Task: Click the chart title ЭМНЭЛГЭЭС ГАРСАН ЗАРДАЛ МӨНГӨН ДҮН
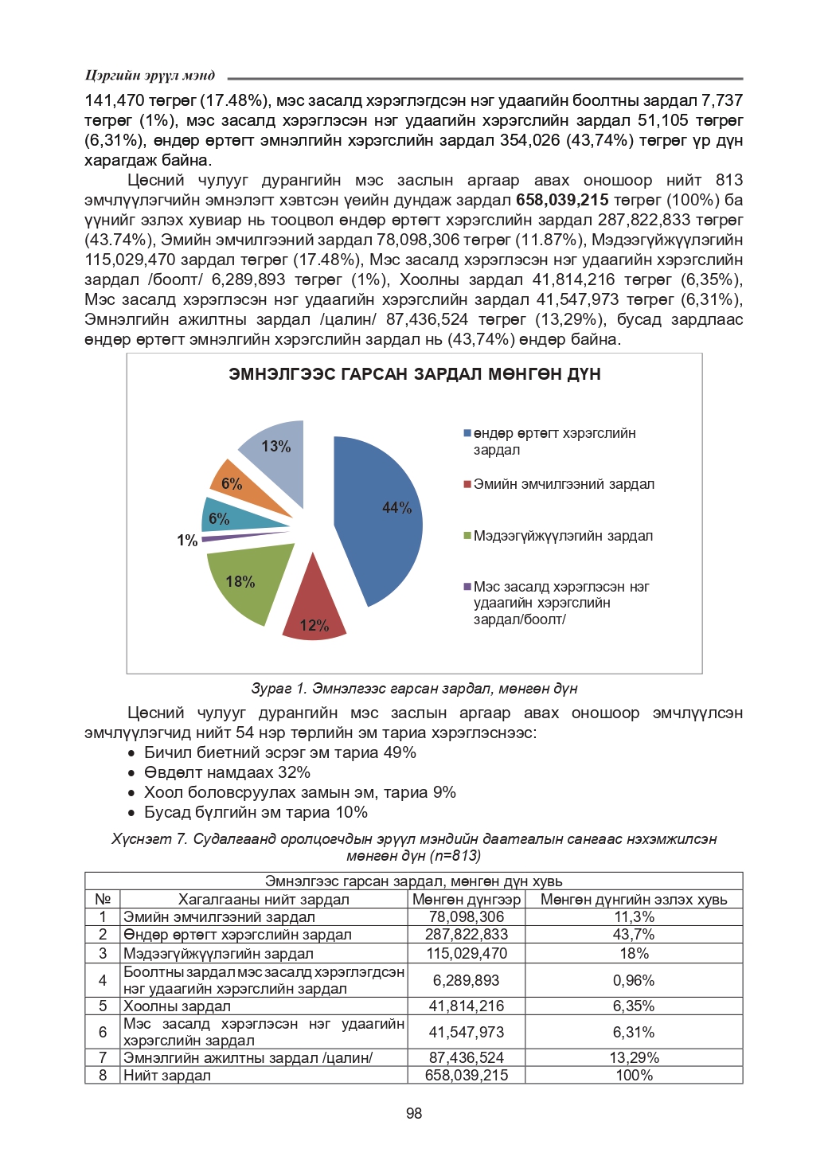(414, 374)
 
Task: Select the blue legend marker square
(467, 433)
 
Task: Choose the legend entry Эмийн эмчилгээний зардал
(564, 484)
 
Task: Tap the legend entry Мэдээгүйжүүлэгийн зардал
(563, 536)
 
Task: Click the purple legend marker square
(467, 587)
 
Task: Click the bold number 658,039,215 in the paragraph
(562, 200)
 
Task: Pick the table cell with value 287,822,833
(467, 935)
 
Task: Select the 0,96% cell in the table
(634, 980)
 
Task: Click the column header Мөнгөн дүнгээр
(467, 900)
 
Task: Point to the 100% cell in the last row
(634, 1076)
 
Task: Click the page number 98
(414, 1113)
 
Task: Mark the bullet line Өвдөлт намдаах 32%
(227, 772)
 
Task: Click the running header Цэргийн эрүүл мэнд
(150, 76)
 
